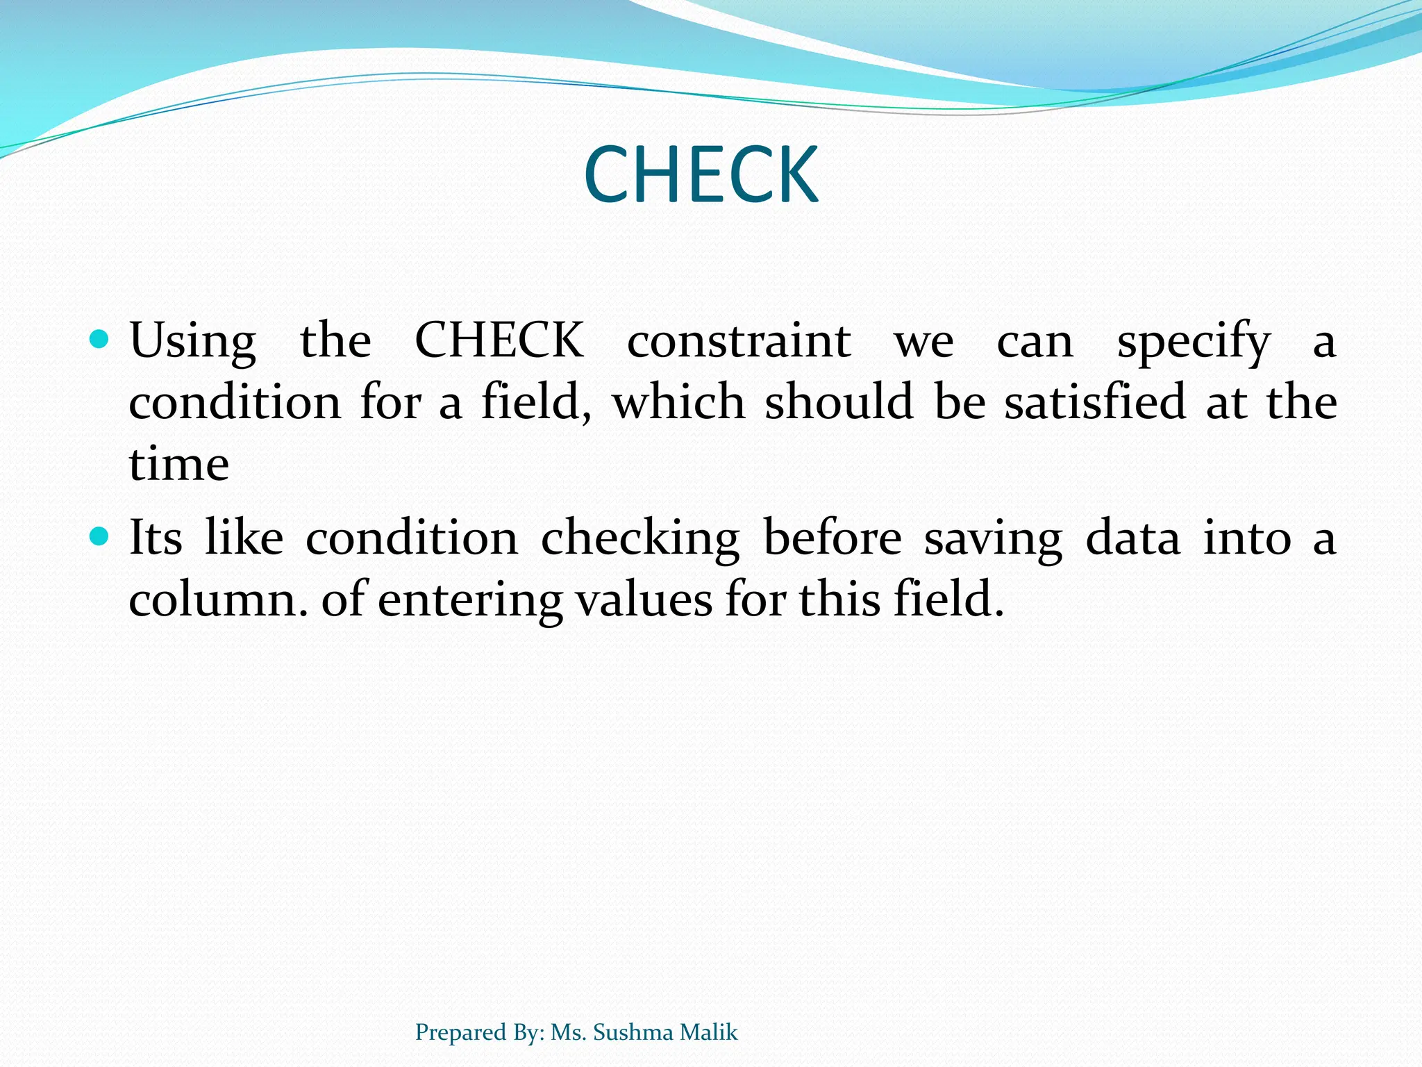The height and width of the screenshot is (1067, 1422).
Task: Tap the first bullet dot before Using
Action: coord(100,340)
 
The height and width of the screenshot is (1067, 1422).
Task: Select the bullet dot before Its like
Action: coord(100,536)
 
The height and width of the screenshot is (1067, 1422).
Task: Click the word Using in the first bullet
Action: coord(193,342)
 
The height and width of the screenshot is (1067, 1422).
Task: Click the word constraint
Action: coord(739,342)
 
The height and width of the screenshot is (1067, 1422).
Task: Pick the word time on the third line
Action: coord(179,464)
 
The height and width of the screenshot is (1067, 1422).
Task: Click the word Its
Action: coord(156,538)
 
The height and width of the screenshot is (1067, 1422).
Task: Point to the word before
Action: coord(832,538)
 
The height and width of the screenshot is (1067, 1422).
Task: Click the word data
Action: coord(1132,538)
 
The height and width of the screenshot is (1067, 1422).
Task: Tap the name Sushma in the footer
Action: coord(633,1032)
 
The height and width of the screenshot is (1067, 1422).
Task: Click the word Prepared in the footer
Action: coord(460,1033)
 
